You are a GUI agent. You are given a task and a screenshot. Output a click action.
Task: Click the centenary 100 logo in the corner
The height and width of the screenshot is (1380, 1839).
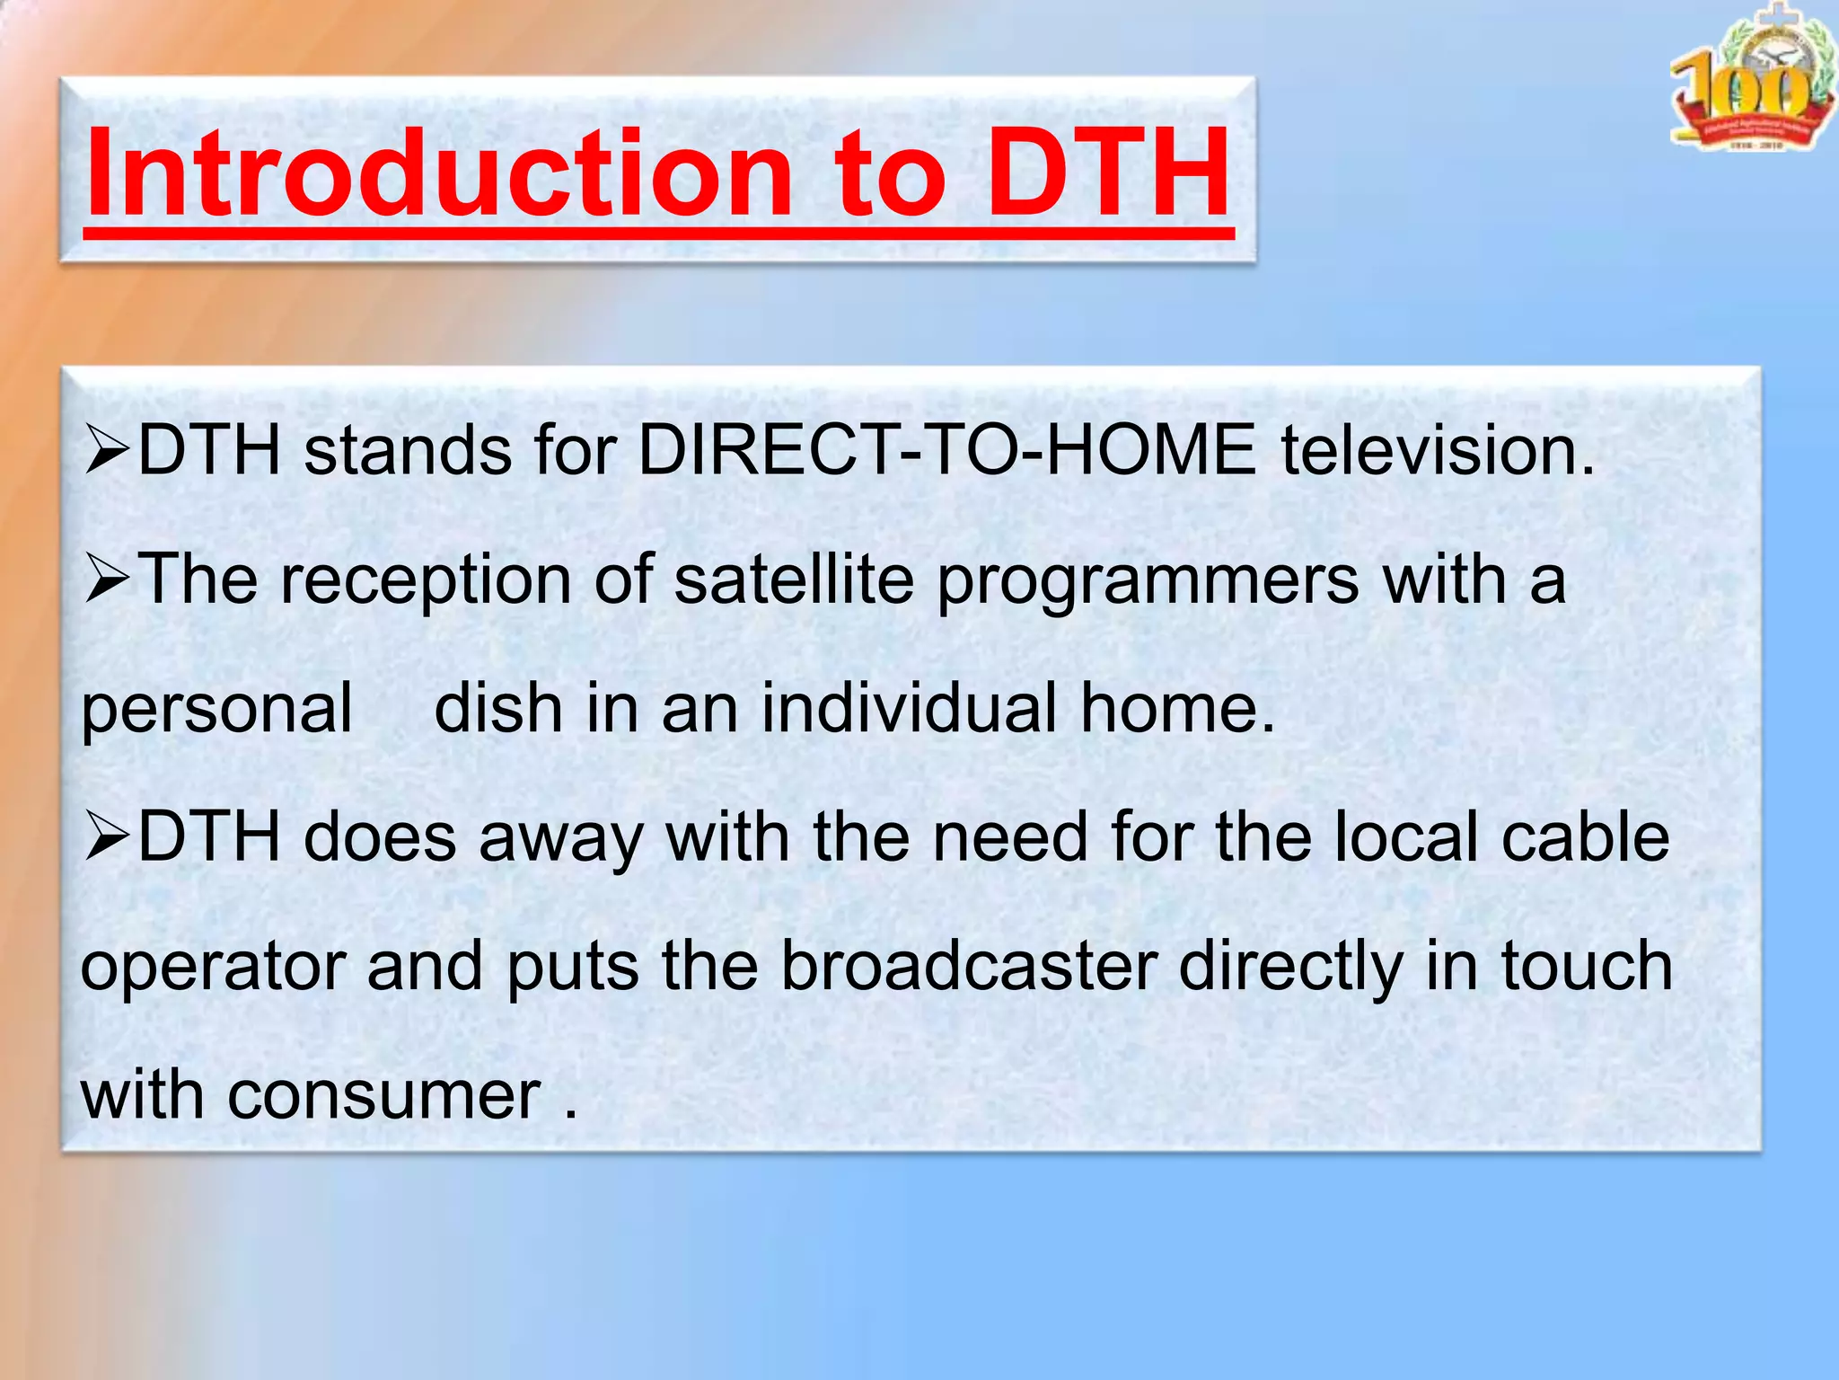point(1751,81)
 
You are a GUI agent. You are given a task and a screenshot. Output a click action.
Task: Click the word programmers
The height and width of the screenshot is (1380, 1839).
point(1148,582)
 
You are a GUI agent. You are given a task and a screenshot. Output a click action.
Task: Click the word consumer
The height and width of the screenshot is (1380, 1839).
point(384,1096)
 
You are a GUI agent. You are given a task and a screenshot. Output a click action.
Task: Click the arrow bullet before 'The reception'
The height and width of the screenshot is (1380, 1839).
point(108,580)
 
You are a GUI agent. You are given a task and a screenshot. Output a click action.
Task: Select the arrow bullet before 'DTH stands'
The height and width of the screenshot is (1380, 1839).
point(108,451)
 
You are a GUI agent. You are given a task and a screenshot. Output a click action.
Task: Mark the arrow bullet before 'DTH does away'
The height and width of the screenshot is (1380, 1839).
point(108,838)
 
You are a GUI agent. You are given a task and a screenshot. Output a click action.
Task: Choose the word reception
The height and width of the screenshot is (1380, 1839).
point(426,582)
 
